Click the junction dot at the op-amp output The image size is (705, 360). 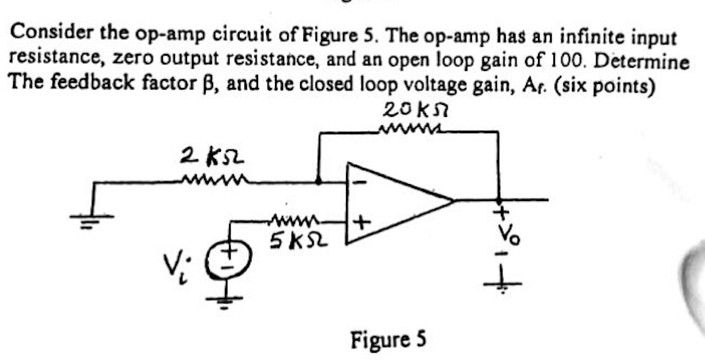(499, 199)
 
